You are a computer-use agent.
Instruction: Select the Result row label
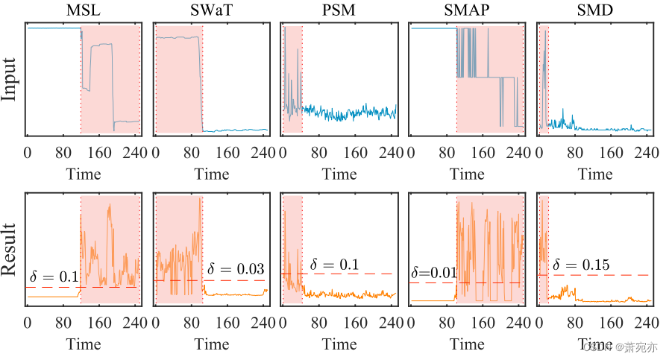coord(10,249)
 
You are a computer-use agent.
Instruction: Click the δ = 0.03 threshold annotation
coord(235,268)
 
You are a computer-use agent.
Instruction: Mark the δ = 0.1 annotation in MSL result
coord(54,277)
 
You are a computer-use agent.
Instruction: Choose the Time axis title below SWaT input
coord(212,174)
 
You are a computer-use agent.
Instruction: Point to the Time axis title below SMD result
coord(594,344)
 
